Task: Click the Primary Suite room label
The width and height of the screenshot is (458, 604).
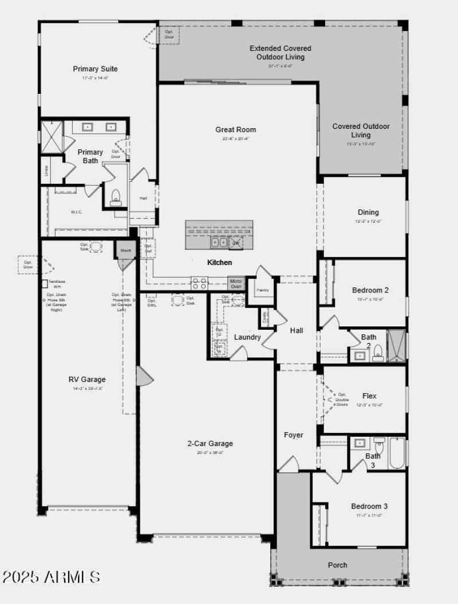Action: (95, 69)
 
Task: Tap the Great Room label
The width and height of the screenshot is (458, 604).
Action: (235, 130)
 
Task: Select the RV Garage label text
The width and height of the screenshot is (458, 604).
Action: (87, 379)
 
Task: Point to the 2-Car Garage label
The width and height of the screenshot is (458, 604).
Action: (210, 443)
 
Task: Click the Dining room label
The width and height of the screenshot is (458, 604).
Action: (368, 212)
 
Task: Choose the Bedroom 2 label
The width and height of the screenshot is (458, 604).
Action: (370, 290)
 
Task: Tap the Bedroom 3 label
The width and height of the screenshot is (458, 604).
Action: (369, 506)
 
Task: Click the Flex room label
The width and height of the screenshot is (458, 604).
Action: (369, 396)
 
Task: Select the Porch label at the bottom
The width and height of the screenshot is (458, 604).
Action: (337, 565)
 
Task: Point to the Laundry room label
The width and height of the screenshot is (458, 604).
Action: (247, 337)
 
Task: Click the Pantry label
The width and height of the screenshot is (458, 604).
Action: (263, 290)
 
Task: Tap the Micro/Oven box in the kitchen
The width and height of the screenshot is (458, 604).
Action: (236, 283)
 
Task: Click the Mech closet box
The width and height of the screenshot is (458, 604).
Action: (125, 250)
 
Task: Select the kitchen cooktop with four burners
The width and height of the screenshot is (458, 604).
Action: (199, 283)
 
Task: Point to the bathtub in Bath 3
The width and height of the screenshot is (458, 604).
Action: (397, 452)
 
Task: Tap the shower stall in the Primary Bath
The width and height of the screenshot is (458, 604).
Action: (52, 137)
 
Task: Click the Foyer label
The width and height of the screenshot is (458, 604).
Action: (294, 435)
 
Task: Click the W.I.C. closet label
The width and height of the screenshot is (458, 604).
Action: (77, 212)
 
